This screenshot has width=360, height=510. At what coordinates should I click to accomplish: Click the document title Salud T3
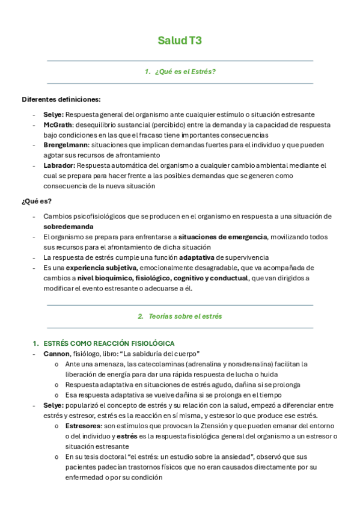[x=180, y=41]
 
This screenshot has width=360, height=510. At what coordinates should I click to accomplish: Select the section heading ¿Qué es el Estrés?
[x=185, y=72]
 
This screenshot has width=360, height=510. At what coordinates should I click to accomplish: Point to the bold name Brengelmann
[x=67, y=145]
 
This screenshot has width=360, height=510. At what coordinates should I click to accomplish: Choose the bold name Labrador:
[x=59, y=165]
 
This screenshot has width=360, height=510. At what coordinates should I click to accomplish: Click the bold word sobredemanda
[x=68, y=227]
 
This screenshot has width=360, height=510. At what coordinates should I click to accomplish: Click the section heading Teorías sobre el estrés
[x=185, y=316]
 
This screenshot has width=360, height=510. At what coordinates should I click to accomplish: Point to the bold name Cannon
[x=56, y=354]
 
